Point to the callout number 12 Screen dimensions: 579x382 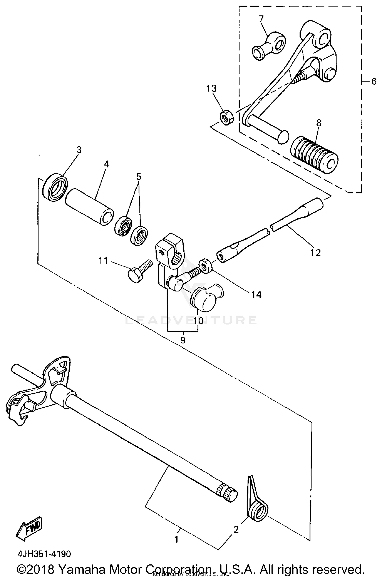tap(315, 252)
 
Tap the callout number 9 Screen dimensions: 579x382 tap(183, 340)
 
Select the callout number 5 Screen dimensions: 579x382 tap(139, 176)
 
